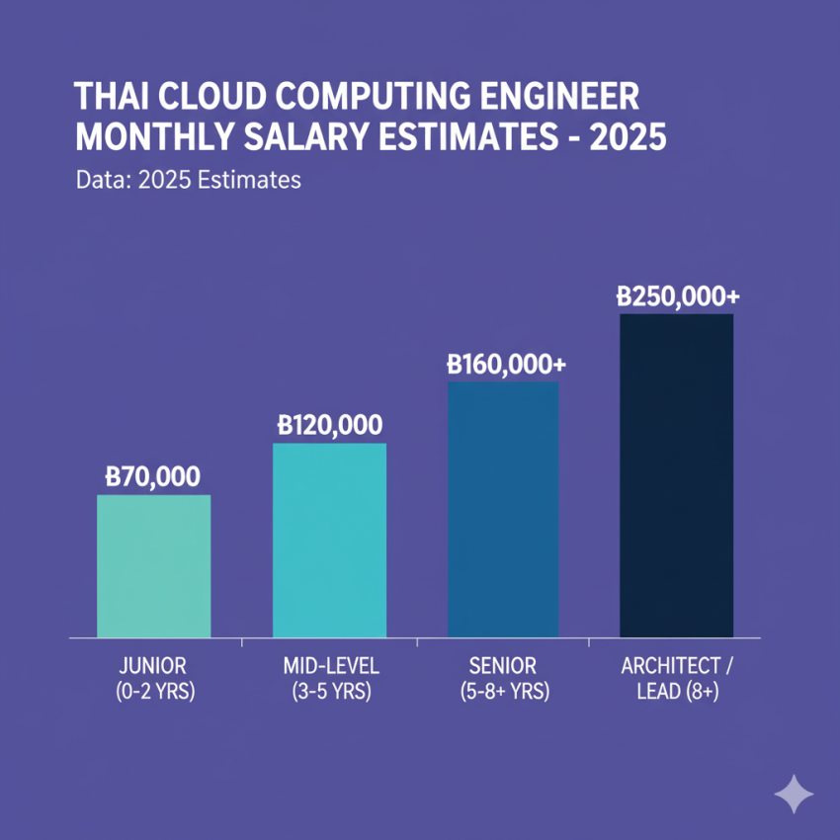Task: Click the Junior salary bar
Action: pyautogui.click(x=153, y=565)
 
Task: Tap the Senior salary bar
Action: pyautogui.click(x=503, y=509)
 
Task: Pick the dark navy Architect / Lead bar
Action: pyautogui.click(x=676, y=475)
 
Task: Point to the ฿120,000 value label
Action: pyautogui.click(x=330, y=426)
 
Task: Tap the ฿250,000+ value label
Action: pyautogui.click(x=677, y=295)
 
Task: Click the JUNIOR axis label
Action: pyautogui.click(x=154, y=666)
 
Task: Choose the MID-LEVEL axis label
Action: pyautogui.click(x=330, y=666)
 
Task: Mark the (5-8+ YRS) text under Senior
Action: pyautogui.click(x=504, y=692)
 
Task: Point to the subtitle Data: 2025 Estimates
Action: pyautogui.click(x=188, y=182)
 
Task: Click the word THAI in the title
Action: pyautogui.click(x=112, y=100)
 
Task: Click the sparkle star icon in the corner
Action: pyautogui.click(x=794, y=793)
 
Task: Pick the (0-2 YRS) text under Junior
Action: pyautogui.click(x=154, y=692)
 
